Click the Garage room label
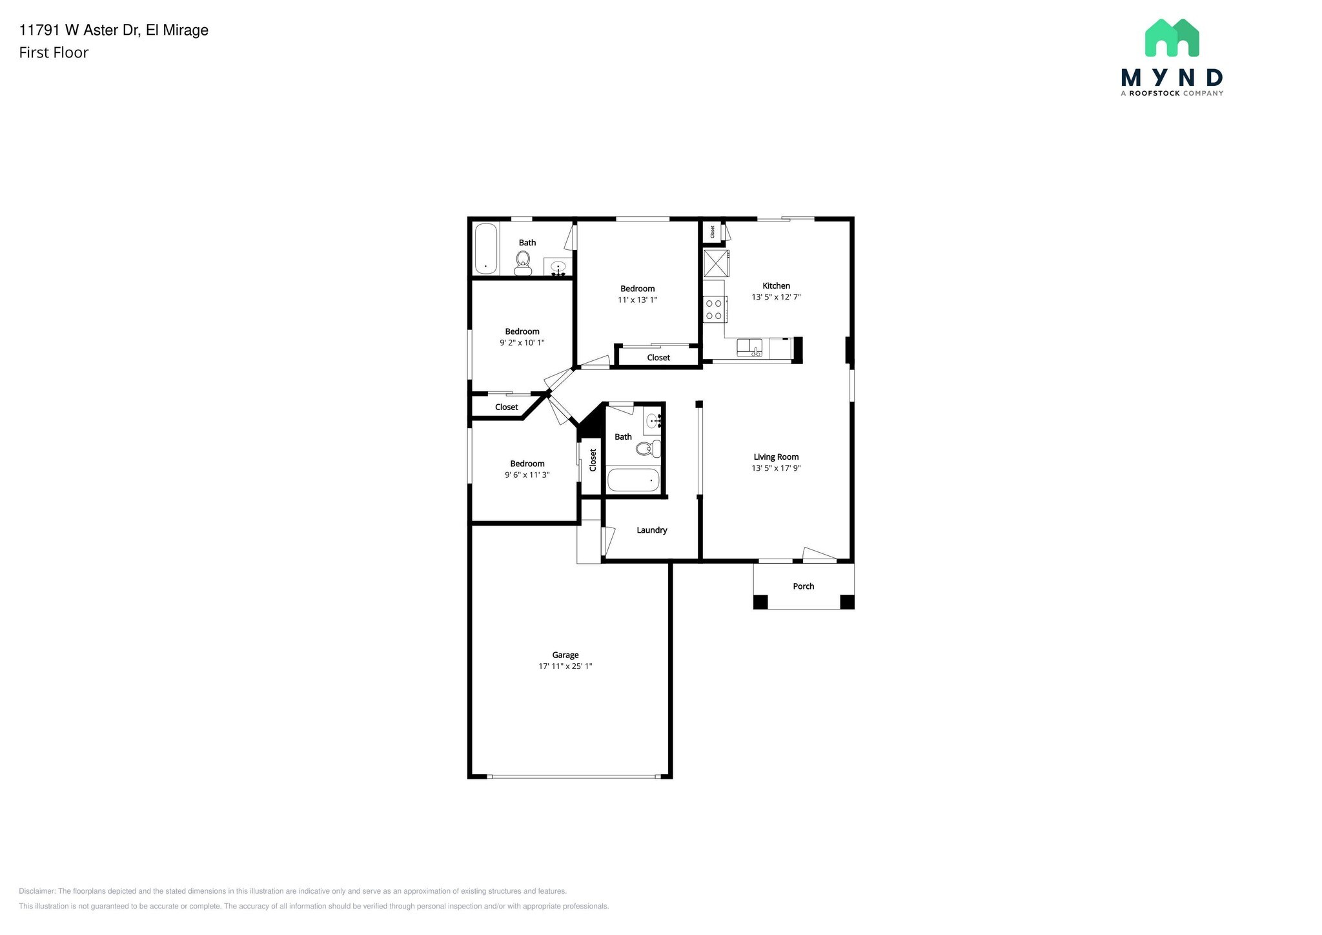(x=565, y=655)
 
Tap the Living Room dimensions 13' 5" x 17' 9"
(x=776, y=468)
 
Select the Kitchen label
(x=776, y=285)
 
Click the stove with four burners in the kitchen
(x=714, y=309)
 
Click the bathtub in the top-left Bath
(x=485, y=249)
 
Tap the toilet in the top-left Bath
(x=523, y=261)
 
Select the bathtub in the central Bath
(x=633, y=480)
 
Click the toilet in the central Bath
(x=648, y=448)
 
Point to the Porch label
(x=803, y=586)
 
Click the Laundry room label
(x=651, y=530)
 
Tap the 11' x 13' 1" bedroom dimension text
(x=637, y=300)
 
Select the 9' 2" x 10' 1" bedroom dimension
(x=522, y=343)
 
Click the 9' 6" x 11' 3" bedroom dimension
(x=527, y=475)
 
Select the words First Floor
(x=54, y=53)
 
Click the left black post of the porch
(x=760, y=602)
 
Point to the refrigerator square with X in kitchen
(x=716, y=263)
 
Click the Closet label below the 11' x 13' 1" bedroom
(x=658, y=358)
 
